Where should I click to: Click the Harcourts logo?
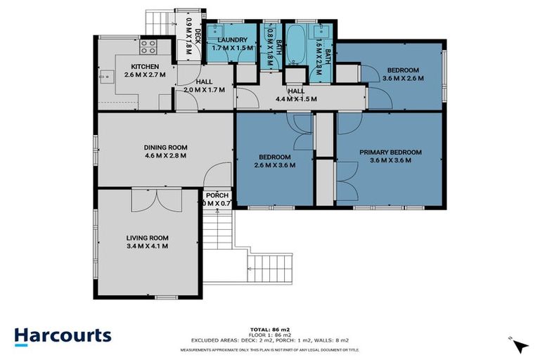click(x=63, y=335)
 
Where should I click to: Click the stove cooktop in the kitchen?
click(x=149, y=48)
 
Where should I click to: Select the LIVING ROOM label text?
click(x=146, y=238)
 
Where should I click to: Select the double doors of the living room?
click(x=146, y=200)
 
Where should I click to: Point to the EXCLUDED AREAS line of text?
click(x=269, y=342)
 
